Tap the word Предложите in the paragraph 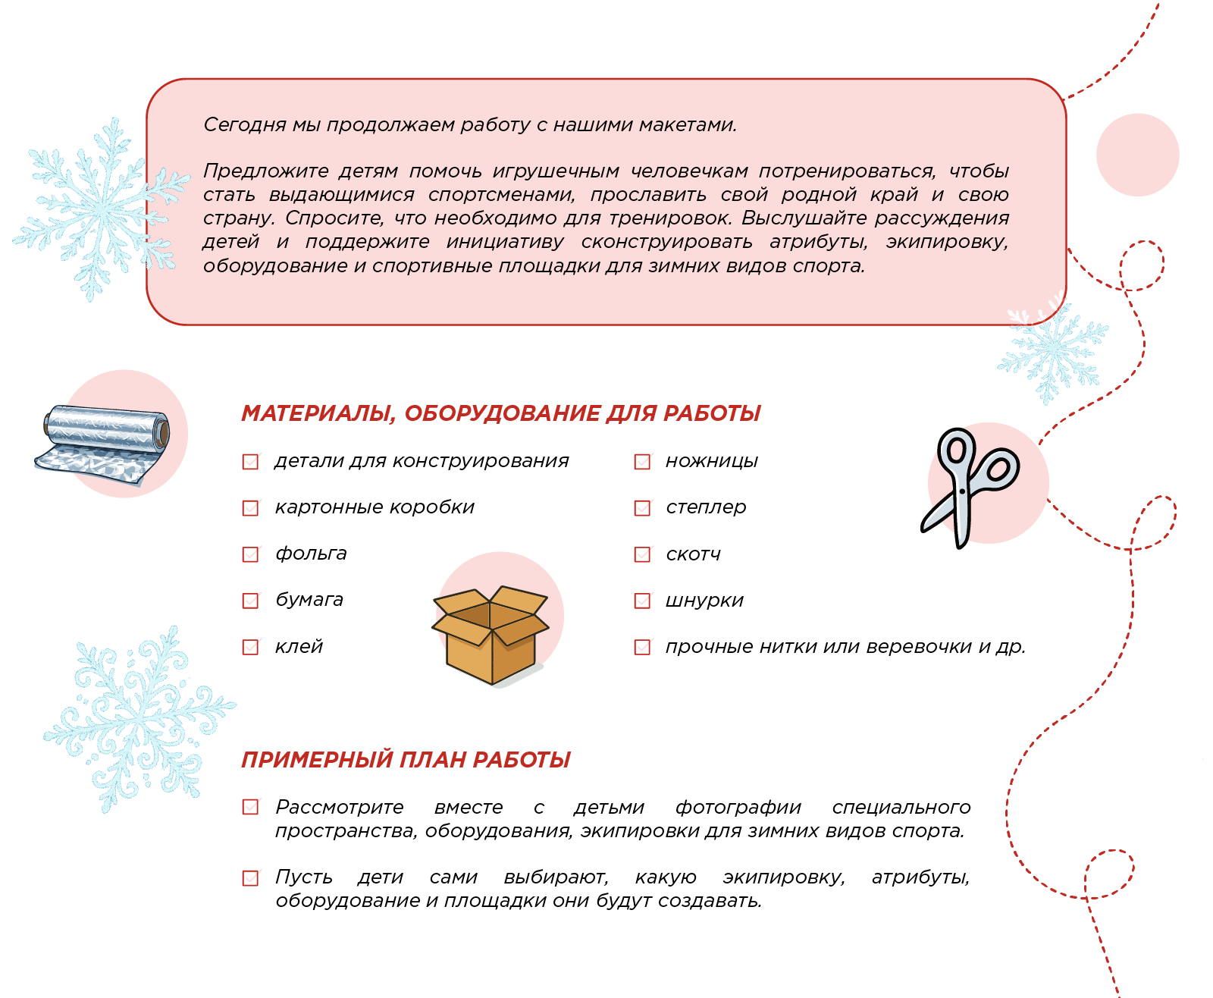tap(265, 171)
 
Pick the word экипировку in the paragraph tap(947, 241)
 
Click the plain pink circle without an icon tap(1137, 155)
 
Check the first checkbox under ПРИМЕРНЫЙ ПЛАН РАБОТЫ tap(251, 806)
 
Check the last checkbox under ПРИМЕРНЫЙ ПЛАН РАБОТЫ tap(251, 877)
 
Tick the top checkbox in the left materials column tap(251, 461)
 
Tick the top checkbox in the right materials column tap(643, 461)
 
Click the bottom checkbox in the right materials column tap(643, 647)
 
